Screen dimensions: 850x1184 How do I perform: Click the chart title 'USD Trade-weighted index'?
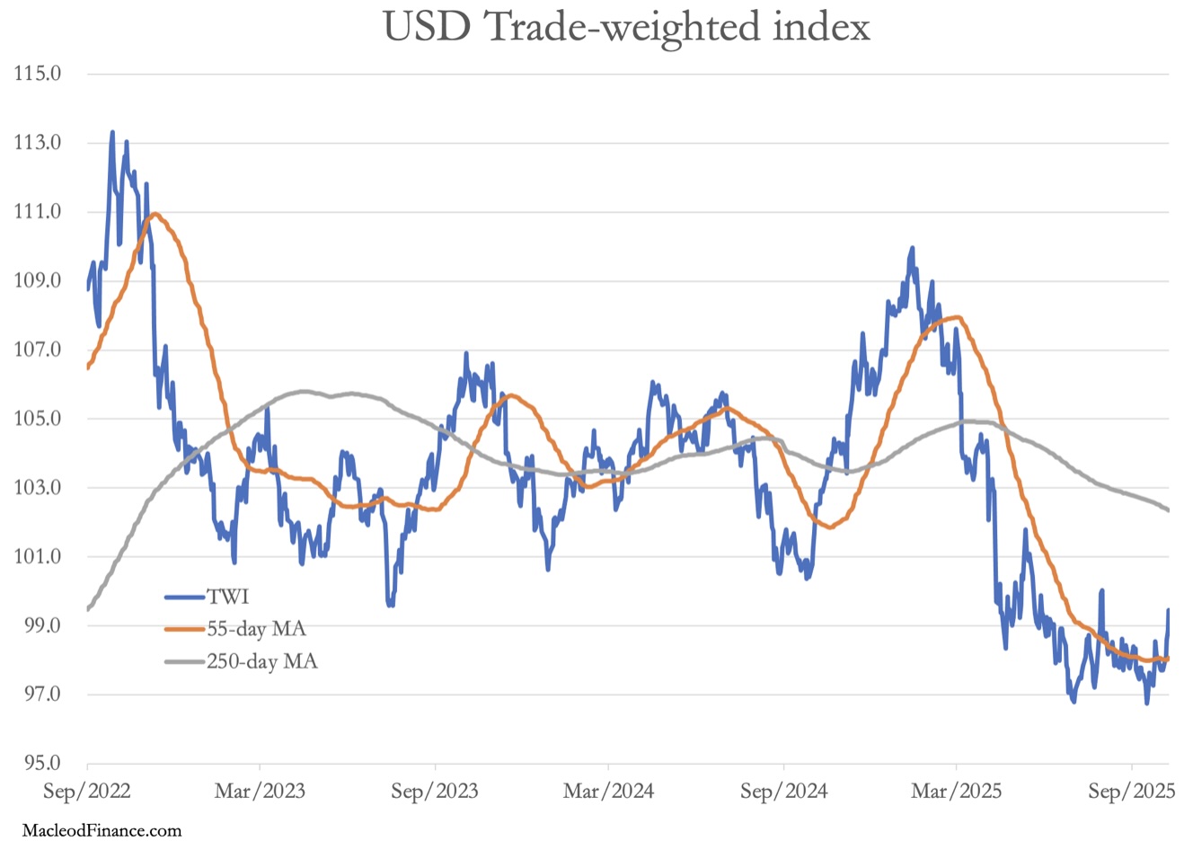point(627,27)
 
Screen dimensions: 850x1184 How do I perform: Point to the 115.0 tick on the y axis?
point(38,74)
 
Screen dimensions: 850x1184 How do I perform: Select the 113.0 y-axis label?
point(38,143)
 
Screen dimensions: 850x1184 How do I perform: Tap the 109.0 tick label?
point(38,281)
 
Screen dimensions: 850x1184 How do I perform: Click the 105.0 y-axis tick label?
point(38,419)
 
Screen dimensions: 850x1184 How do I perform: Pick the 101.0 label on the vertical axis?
point(38,557)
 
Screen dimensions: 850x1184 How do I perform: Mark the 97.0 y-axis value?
point(38,695)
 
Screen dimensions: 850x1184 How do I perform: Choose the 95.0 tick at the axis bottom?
point(38,764)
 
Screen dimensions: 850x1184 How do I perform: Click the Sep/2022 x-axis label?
point(86,792)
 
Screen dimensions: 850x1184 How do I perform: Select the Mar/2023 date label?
point(261,792)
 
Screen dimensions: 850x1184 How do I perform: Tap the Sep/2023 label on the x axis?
point(435,792)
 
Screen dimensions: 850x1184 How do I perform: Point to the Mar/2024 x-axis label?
point(608,792)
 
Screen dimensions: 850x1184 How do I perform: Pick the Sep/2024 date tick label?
point(783,792)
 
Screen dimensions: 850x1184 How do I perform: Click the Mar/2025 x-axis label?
point(956,792)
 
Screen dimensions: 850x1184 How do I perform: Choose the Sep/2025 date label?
point(1131,792)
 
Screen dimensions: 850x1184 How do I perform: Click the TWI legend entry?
point(228,596)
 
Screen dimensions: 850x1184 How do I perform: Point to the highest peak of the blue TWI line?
point(112,132)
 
